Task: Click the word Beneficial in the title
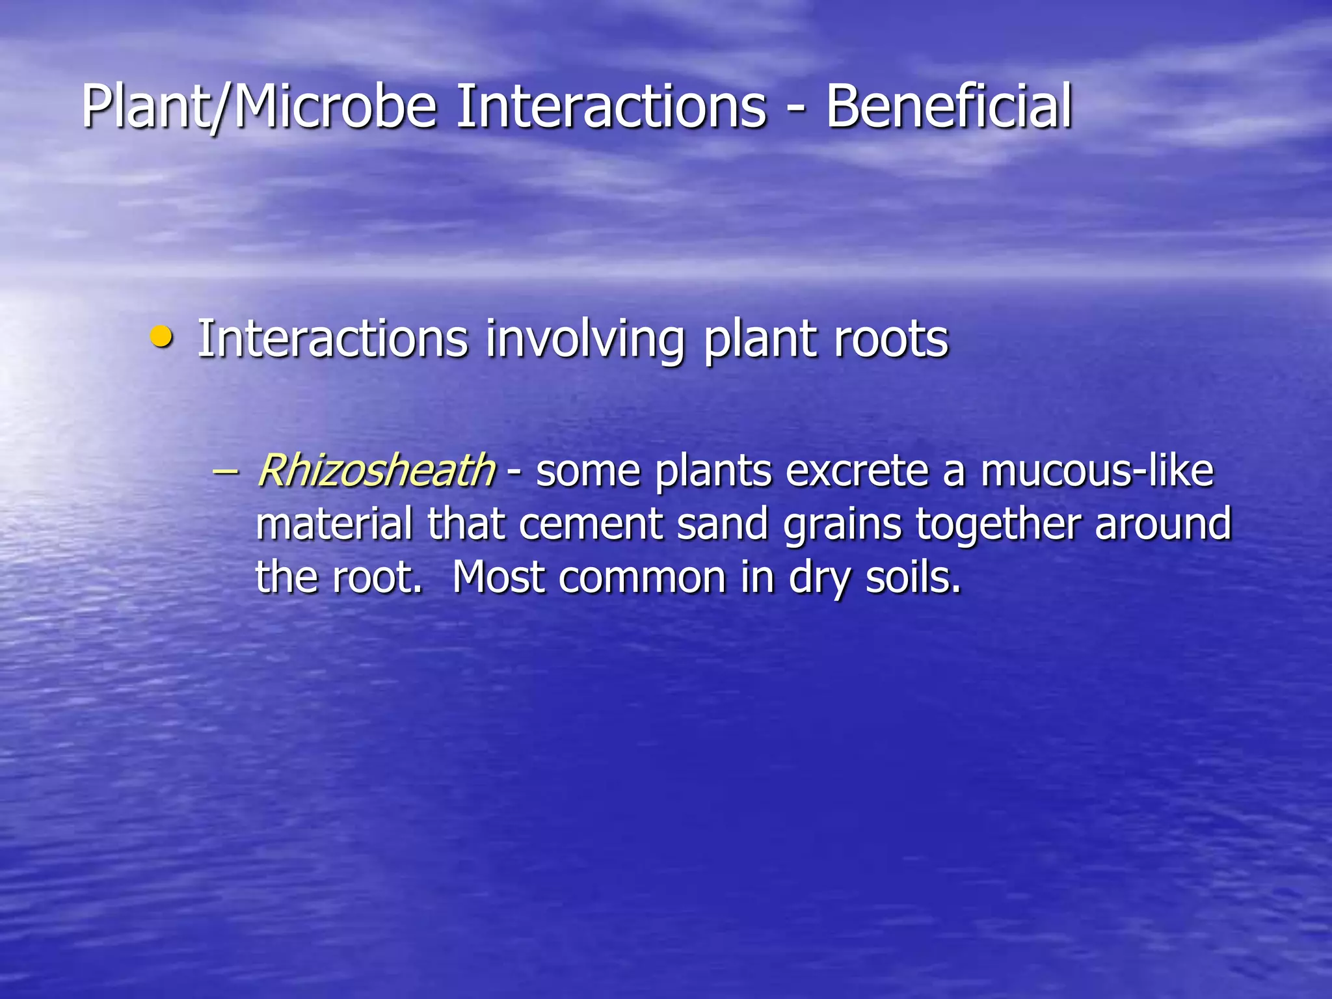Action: pyautogui.click(x=948, y=106)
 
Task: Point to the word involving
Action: pyautogui.click(x=585, y=340)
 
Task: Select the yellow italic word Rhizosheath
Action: pyautogui.click(x=376, y=470)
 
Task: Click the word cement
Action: pyautogui.click(x=591, y=524)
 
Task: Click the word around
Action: pyautogui.click(x=1163, y=524)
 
